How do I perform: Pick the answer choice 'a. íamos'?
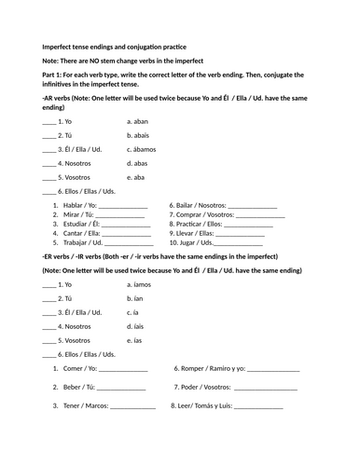coord(142,284)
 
